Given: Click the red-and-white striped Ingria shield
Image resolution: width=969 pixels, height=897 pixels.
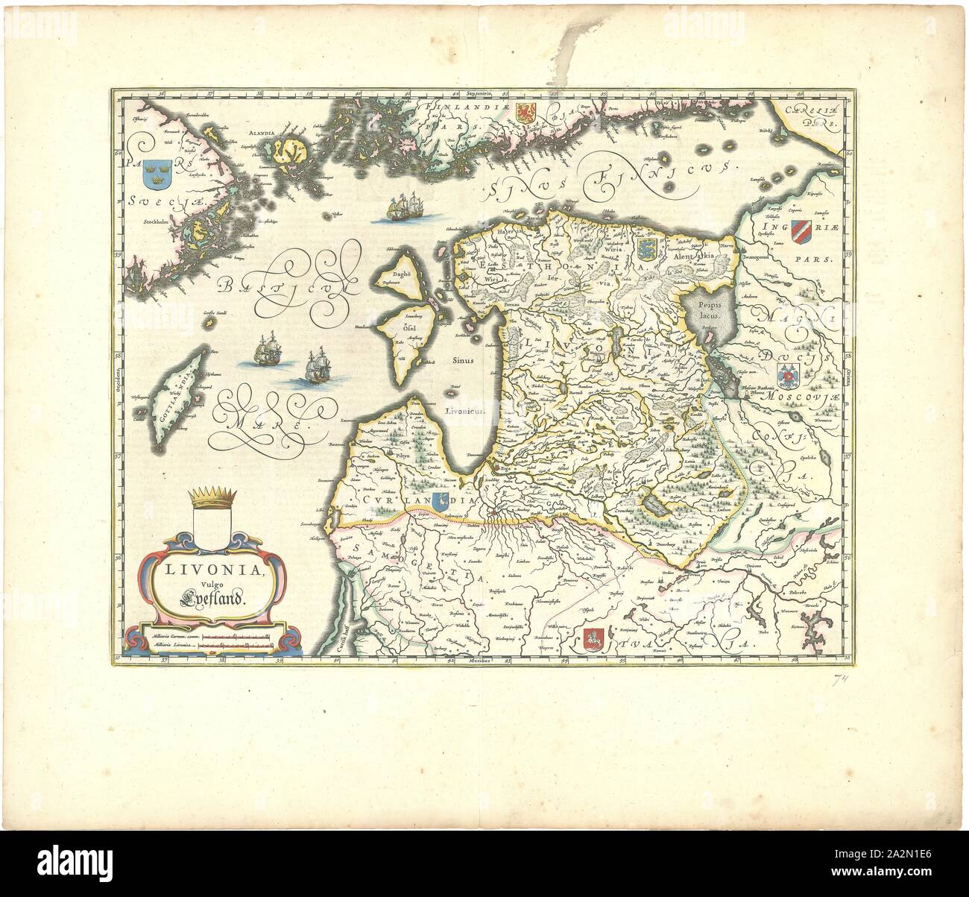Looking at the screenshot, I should coord(799,227).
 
